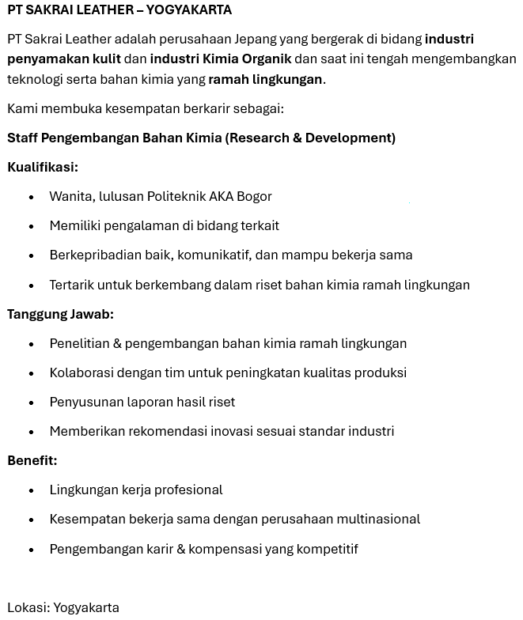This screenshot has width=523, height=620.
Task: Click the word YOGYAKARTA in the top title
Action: [x=189, y=10]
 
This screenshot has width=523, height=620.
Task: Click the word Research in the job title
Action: [x=259, y=138]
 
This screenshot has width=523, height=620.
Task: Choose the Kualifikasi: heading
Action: [x=43, y=167]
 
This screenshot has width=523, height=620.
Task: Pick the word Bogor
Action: [x=254, y=196]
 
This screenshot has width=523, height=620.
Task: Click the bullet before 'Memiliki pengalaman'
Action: [x=32, y=226]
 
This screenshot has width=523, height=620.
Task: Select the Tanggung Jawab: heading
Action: [x=60, y=314]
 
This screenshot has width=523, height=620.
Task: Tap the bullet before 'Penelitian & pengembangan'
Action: [x=32, y=344]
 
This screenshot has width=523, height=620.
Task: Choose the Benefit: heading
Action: [x=32, y=460]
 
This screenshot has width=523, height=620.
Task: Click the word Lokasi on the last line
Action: [x=28, y=607]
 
